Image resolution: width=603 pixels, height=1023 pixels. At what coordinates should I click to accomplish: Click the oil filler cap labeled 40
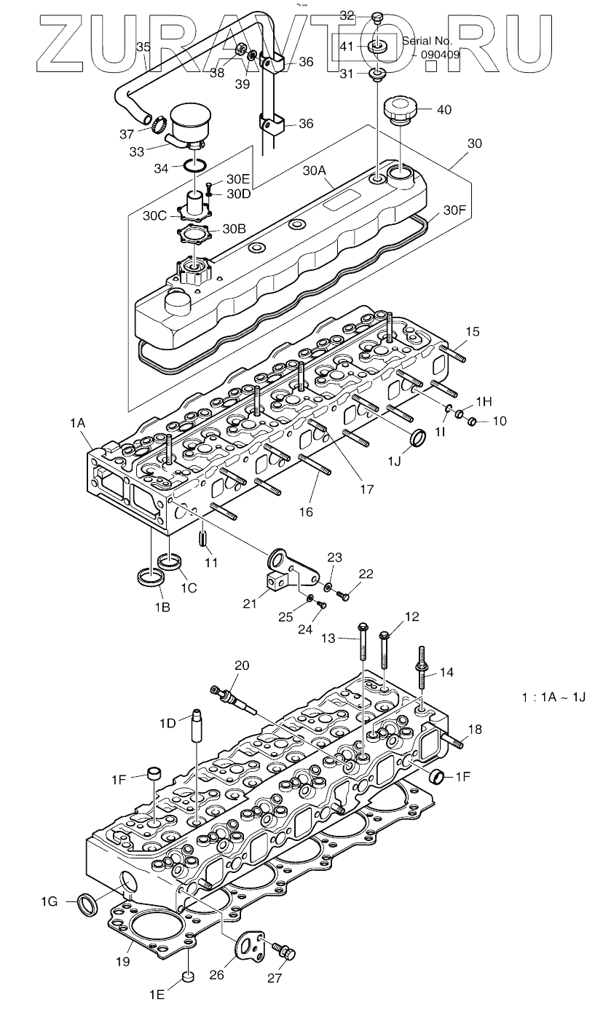[x=400, y=110]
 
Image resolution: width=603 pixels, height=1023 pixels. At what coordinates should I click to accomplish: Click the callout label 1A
[x=78, y=422]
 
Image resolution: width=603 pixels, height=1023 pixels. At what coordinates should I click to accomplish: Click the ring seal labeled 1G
[x=89, y=904]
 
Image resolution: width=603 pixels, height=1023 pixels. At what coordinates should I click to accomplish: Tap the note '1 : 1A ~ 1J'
[x=553, y=697]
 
